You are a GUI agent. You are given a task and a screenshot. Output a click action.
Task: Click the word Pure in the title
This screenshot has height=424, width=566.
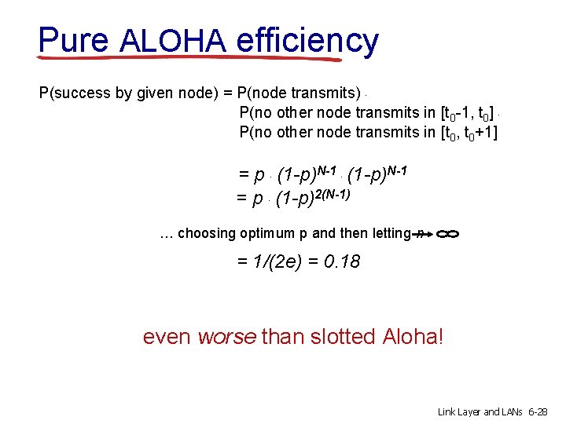(x=73, y=39)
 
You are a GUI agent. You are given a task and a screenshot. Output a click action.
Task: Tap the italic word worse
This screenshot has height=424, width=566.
(x=226, y=338)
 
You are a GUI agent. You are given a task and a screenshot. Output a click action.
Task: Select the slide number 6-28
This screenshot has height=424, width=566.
(x=542, y=411)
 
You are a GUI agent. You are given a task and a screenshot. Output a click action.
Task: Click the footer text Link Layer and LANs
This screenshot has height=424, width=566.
(x=480, y=411)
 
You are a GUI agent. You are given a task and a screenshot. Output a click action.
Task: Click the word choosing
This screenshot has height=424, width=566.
(x=207, y=233)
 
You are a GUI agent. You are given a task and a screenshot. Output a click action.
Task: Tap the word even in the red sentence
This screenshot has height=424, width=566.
(x=167, y=338)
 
